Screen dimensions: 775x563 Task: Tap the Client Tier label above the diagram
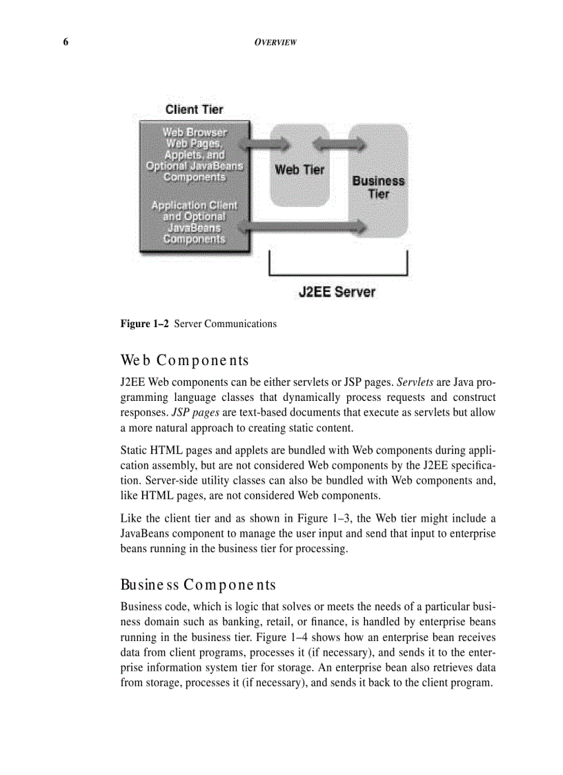[x=194, y=109]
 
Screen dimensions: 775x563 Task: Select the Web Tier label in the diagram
[x=299, y=169]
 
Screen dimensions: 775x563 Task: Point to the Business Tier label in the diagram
[x=378, y=187]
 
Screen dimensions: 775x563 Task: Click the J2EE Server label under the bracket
[x=337, y=291]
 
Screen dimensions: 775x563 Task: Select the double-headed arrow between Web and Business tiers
[x=338, y=144]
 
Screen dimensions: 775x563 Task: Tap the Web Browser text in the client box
[x=194, y=131]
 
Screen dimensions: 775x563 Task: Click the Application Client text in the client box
[x=194, y=205]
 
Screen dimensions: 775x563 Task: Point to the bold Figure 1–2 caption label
[x=145, y=324]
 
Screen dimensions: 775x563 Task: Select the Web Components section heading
[x=184, y=360]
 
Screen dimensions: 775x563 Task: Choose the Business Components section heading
[x=198, y=585]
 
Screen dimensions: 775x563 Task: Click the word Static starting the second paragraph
[x=135, y=445]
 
